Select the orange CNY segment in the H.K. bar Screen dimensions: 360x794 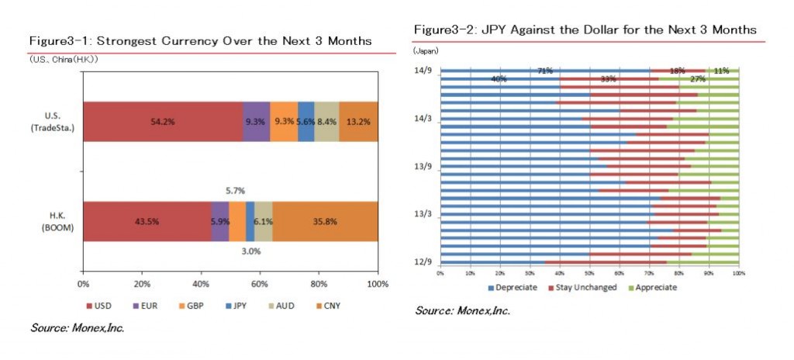[325, 221]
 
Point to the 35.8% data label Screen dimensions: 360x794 [325, 221]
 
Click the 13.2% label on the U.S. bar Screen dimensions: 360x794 [359, 122]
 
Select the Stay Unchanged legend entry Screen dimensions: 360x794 [583, 287]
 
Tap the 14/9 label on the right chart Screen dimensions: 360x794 [423, 71]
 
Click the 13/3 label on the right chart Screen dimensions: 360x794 [423, 213]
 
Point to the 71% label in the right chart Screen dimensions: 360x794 [545, 71]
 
